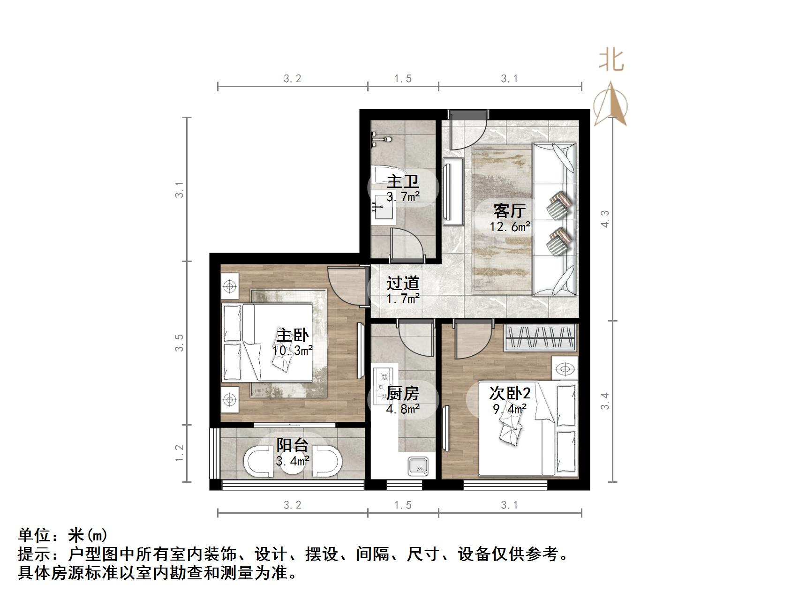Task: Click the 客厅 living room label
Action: (509, 211)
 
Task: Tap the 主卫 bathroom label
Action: (402, 181)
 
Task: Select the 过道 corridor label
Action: (402, 283)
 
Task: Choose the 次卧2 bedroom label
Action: (510, 393)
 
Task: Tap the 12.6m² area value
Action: (510, 227)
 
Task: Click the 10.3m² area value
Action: (292, 350)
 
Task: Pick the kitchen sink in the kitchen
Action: (419, 466)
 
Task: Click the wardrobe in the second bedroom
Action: (540, 337)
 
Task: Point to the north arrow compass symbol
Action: (611, 104)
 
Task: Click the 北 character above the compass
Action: (611, 61)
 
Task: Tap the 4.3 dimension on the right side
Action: (605, 219)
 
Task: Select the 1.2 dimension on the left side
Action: (179, 453)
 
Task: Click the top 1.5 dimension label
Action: (402, 79)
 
